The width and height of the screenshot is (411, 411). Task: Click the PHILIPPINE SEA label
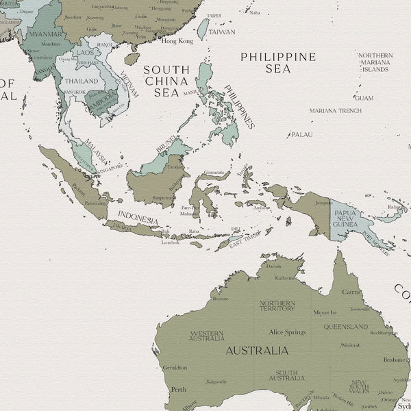point(277,62)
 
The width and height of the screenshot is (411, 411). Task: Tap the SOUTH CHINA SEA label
point(166,81)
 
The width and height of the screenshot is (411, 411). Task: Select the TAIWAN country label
point(221,32)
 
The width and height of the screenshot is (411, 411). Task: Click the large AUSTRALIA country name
point(257,351)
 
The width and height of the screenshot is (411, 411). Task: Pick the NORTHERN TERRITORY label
point(277,306)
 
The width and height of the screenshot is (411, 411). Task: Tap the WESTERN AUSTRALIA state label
point(206,336)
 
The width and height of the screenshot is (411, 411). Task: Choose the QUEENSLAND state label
point(346,327)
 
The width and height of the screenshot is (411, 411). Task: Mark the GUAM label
point(364,98)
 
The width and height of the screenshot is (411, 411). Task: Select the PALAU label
point(301,134)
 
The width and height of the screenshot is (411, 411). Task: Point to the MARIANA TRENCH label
point(335,110)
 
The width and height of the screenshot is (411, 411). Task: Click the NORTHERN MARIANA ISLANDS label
point(375,62)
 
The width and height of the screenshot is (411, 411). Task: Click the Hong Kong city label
point(177,41)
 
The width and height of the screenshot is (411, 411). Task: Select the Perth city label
point(178,389)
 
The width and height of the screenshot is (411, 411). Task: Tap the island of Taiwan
point(203,28)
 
